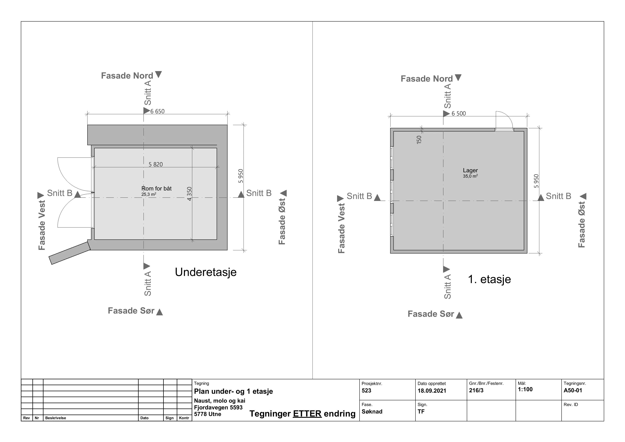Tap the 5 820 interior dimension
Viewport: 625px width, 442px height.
click(x=156, y=164)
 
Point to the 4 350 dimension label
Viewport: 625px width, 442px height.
click(x=189, y=194)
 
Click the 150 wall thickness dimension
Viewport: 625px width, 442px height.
click(x=419, y=140)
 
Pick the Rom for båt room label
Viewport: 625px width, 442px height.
click(x=157, y=188)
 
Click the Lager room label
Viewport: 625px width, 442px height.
click(x=470, y=170)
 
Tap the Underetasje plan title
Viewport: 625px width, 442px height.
click(x=206, y=272)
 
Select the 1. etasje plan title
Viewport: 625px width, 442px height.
click(x=489, y=279)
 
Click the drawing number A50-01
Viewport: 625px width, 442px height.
click(x=573, y=390)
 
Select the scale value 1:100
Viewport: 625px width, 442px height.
click(x=525, y=389)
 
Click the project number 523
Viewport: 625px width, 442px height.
click(x=366, y=391)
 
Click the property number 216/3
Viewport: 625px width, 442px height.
click(x=476, y=390)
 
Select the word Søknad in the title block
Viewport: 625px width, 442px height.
click(x=372, y=412)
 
